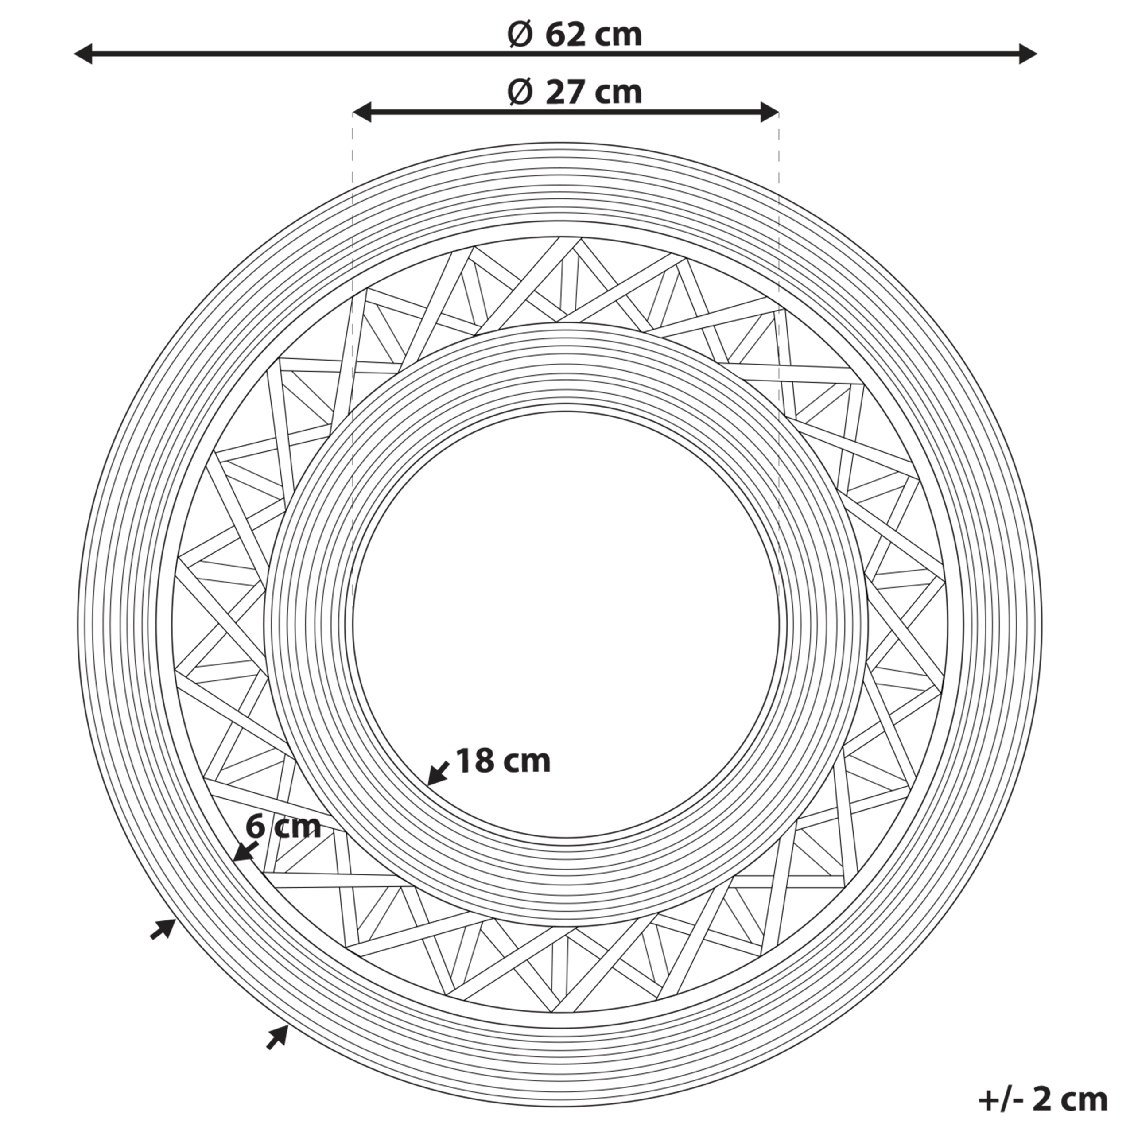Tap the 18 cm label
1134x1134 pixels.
(x=503, y=761)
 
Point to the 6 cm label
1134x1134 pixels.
(x=283, y=827)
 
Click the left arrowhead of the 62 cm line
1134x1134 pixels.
(x=83, y=54)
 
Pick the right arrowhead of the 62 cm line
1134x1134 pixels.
(x=1027, y=54)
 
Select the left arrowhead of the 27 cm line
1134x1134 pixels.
(x=362, y=112)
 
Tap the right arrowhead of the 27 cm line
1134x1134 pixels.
(x=769, y=112)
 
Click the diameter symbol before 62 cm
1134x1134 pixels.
(x=520, y=35)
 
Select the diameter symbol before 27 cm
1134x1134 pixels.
(x=520, y=93)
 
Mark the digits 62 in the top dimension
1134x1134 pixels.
(x=565, y=35)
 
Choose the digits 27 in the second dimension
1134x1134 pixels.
(x=565, y=93)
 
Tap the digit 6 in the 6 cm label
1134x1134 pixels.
(x=255, y=827)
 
